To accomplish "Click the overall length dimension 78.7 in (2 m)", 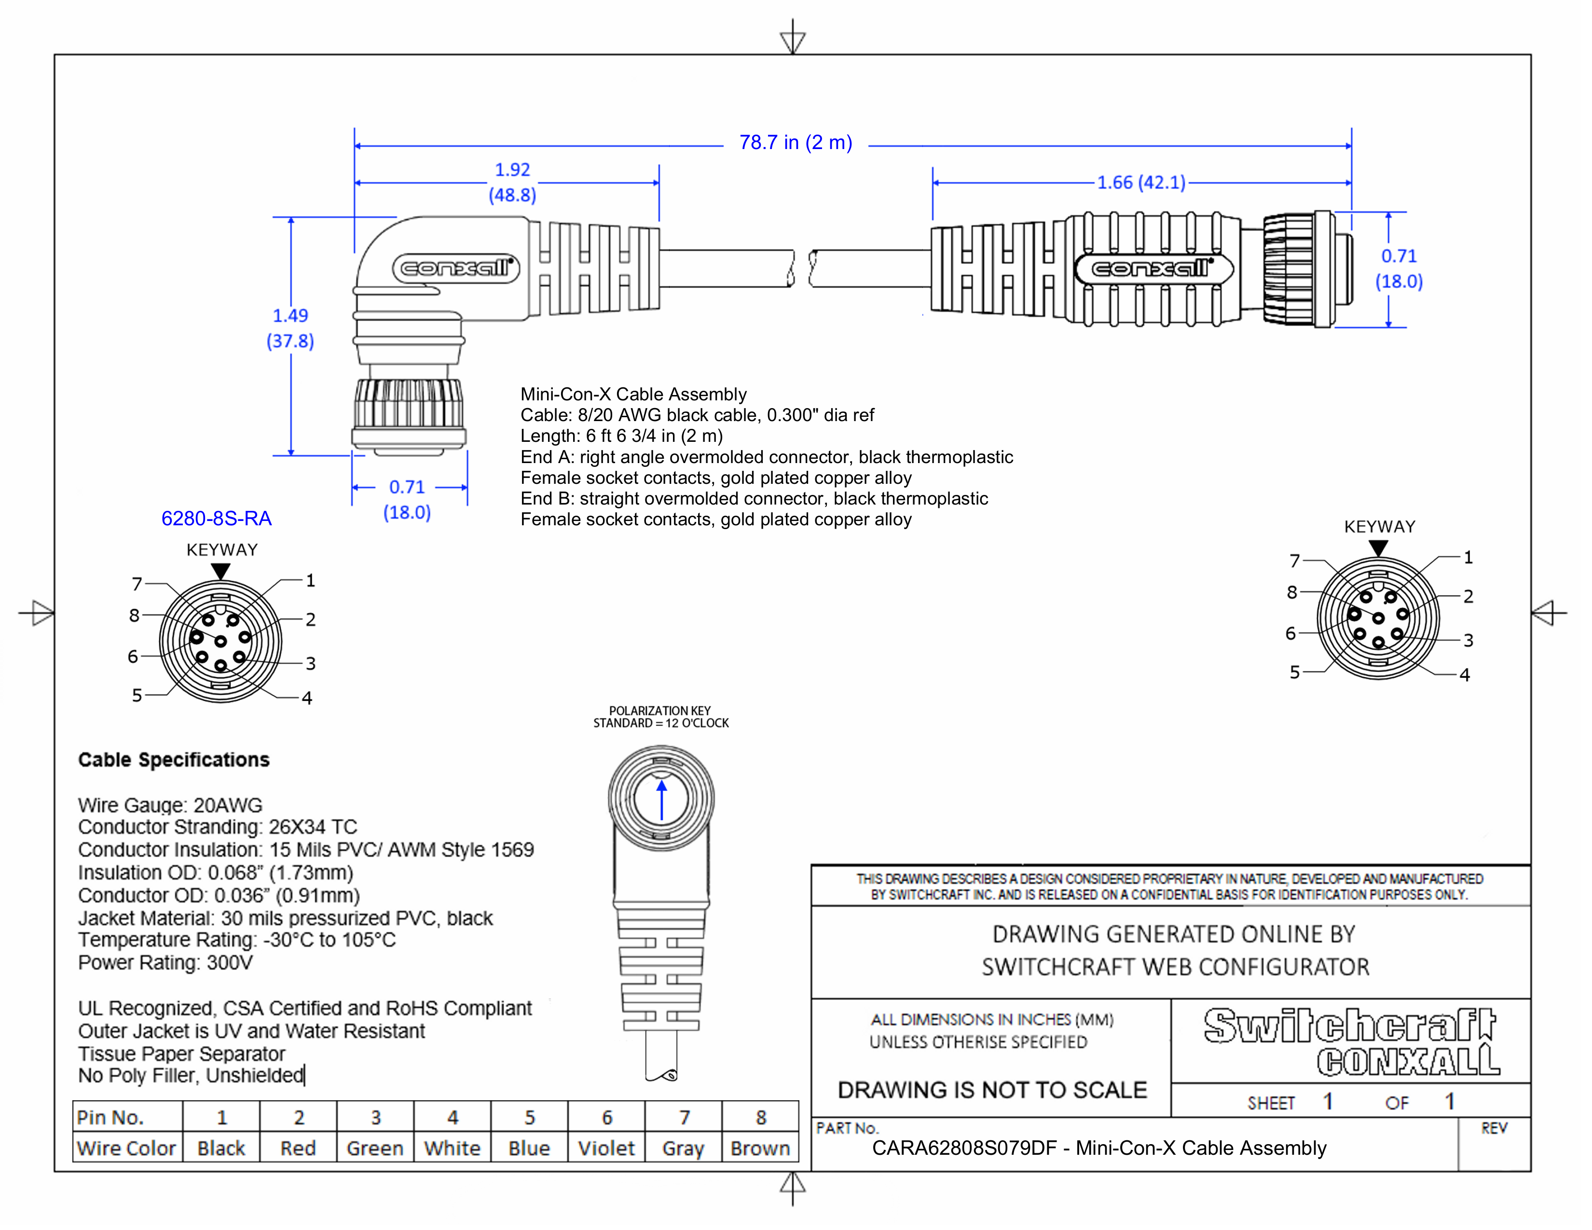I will (x=795, y=143).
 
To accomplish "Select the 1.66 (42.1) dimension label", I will (x=1141, y=182).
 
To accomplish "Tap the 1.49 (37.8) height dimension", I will (x=290, y=328).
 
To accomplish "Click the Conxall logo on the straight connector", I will (x=1153, y=269).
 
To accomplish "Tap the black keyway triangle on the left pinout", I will (x=221, y=571).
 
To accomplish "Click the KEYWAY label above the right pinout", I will (x=1379, y=526).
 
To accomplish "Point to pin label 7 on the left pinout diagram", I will (x=137, y=584).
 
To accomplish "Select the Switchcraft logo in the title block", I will (x=1349, y=1026).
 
